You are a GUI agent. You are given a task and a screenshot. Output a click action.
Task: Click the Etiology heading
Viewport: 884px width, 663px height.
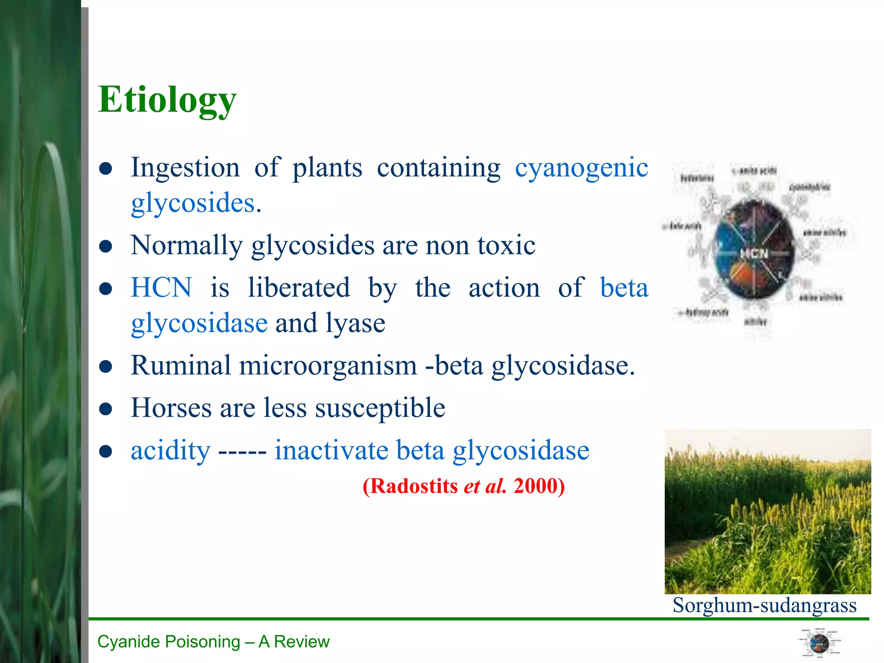click(167, 100)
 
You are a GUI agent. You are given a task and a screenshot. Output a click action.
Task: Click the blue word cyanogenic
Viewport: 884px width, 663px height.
click(581, 167)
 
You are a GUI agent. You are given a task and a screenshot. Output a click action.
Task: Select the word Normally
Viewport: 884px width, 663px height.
click(186, 246)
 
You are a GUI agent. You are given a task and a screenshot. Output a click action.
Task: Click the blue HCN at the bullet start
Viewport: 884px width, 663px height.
click(161, 287)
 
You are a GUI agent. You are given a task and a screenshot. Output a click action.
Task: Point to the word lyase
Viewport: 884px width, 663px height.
click(355, 323)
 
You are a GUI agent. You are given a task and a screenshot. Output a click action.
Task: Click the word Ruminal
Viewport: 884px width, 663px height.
click(181, 366)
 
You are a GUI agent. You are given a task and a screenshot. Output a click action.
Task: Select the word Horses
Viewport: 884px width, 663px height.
click(171, 408)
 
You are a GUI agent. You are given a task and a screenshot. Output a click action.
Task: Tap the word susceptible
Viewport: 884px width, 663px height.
click(380, 408)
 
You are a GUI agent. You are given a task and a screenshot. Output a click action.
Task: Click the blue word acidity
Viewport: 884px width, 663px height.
click(170, 450)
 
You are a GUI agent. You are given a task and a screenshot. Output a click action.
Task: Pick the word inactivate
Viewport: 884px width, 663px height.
click(331, 450)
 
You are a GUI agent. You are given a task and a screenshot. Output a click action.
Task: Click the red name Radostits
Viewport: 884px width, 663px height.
click(414, 486)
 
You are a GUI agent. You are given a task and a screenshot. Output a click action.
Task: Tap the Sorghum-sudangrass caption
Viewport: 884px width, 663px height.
click(764, 605)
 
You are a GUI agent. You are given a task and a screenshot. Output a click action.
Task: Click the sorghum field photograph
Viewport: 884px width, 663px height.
click(767, 511)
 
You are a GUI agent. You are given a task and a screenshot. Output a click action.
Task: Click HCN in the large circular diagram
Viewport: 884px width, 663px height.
click(754, 253)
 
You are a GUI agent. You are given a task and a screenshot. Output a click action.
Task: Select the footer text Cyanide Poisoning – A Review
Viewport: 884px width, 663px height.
click(213, 642)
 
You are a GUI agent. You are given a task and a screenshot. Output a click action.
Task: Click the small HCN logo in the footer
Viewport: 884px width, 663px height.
click(819, 644)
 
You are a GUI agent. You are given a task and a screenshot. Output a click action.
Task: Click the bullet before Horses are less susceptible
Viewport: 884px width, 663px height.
click(106, 409)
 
